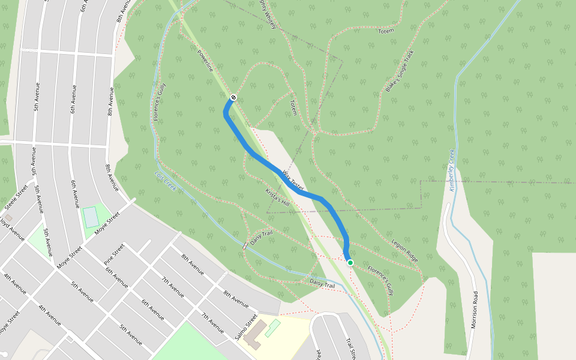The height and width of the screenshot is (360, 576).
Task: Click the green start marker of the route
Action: [x=350, y=263]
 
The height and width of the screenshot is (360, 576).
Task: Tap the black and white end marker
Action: [x=233, y=98]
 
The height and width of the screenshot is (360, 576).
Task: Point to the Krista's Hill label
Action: [x=277, y=197]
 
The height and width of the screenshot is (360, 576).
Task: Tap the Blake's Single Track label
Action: [x=400, y=70]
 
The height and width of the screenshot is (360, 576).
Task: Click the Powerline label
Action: [x=205, y=61]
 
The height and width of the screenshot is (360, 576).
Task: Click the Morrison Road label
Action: [x=475, y=310]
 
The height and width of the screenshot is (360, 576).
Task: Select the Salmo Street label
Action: [x=246, y=327]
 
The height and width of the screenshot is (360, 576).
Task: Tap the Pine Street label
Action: [x=114, y=254]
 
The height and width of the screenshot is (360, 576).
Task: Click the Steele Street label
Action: [x=16, y=197]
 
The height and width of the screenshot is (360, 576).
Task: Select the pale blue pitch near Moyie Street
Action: [x=91, y=217]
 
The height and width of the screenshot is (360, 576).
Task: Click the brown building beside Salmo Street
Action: [x=253, y=334]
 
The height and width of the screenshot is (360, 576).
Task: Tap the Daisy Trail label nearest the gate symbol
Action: [x=262, y=237]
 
